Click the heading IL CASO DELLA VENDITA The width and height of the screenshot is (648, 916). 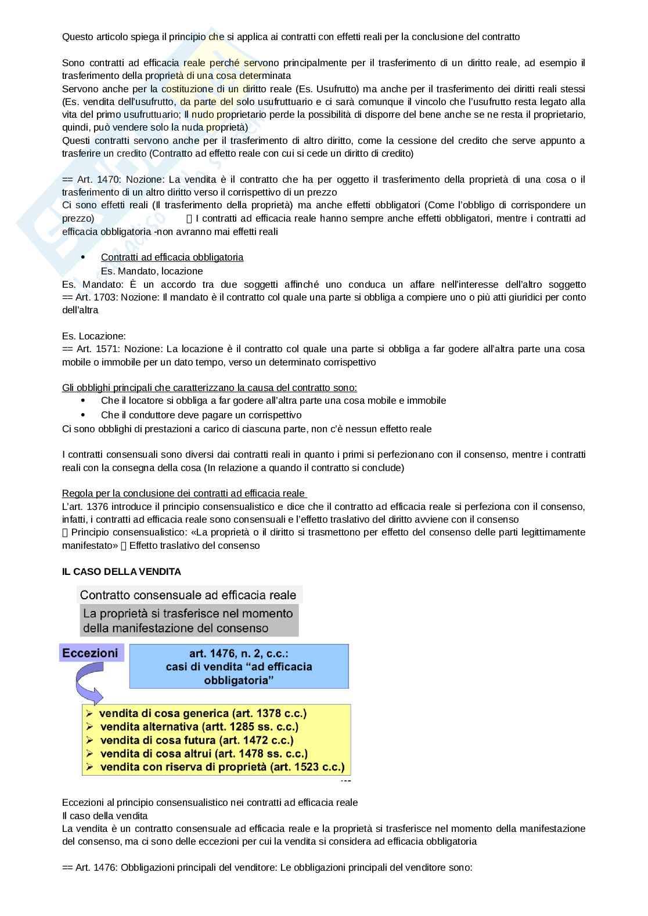click(121, 571)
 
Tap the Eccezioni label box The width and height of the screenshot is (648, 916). click(91, 653)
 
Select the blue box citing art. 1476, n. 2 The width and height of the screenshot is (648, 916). click(239, 666)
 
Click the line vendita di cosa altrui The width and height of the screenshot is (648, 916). click(204, 754)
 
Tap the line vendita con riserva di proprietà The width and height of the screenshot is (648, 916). click(222, 767)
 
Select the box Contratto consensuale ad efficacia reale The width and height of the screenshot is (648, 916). click(188, 595)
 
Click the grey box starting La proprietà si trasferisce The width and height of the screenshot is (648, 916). click(188, 620)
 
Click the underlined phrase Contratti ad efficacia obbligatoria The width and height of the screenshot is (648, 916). click(172, 257)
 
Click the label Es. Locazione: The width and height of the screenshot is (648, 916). click(93, 336)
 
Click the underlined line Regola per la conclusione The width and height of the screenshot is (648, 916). click(183, 493)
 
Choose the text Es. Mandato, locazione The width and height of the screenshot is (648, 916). click(152, 271)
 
